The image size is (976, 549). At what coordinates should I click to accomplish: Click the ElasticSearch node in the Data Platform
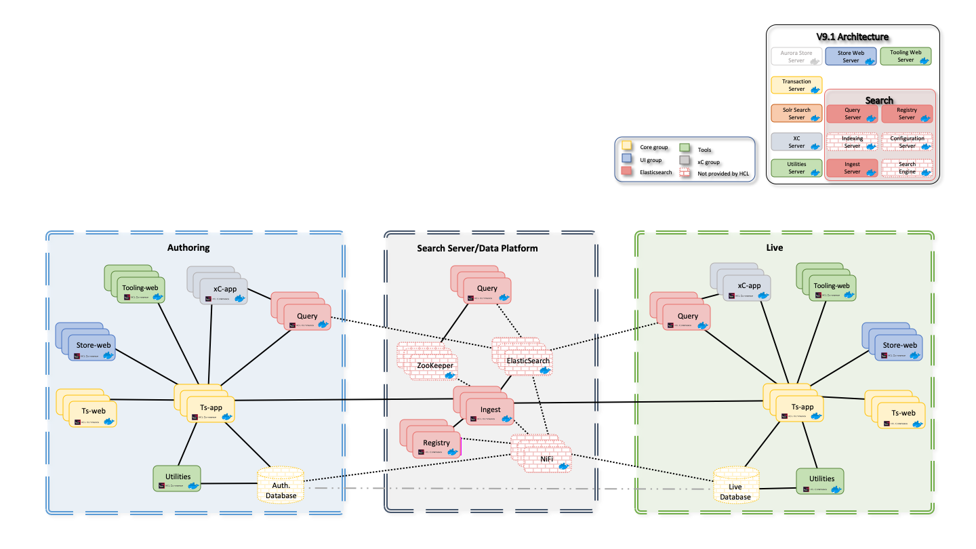click(x=528, y=361)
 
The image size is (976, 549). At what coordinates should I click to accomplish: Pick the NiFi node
click(x=546, y=460)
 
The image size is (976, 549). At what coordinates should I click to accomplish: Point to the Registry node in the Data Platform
click(x=436, y=444)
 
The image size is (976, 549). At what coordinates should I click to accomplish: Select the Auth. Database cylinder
click(x=281, y=490)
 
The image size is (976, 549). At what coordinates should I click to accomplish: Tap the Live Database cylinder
click(x=735, y=491)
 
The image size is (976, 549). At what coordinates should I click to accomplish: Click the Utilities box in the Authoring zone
click(x=178, y=478)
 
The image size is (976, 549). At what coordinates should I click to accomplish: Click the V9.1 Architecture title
click(x=852, y=37)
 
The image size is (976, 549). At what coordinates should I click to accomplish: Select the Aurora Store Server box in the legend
click(x=796, y=56)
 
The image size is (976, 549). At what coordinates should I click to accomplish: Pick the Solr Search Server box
click(x=796, y=113)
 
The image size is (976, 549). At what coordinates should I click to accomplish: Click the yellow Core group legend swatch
click(x=627, y=147)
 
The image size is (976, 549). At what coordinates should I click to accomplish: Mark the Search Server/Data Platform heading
click(x=477, y=248)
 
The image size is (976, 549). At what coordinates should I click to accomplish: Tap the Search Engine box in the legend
click(x=907, y=168)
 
